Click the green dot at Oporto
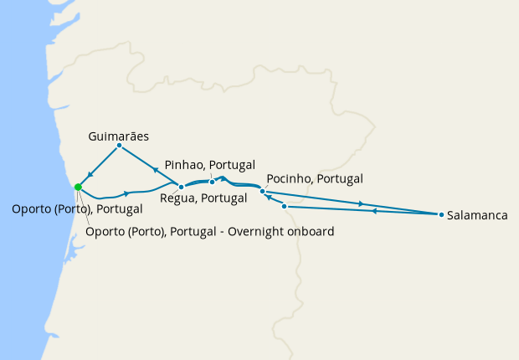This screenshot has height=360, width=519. (78, 187)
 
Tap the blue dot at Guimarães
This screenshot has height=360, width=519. (119, 146)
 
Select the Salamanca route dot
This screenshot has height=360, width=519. (441, 215)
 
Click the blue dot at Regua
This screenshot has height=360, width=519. (181, 188)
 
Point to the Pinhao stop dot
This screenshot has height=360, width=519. (212, 182)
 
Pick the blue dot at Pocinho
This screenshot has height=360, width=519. (262, 192)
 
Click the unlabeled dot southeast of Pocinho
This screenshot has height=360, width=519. (285, 206)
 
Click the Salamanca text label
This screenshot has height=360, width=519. (478, 215)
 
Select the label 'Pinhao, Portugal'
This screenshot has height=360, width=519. (210, 165)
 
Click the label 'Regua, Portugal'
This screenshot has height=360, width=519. (203, 198)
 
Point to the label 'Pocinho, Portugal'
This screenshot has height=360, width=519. (314, 179)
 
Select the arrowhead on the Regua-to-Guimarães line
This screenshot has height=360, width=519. (156, 169)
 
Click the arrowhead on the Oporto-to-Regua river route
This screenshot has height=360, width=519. (126, 193)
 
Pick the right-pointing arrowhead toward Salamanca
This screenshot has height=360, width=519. (361, 203)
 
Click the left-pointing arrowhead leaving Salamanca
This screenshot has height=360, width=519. (373, 211)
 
